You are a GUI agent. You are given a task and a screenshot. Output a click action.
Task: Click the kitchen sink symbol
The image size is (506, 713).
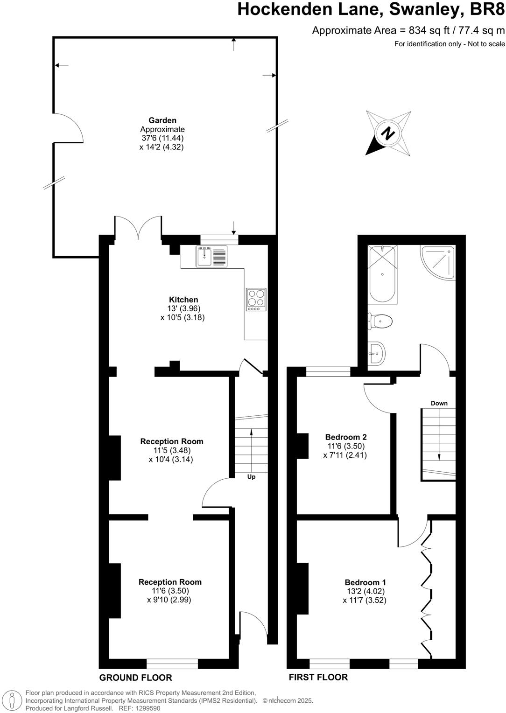click(x=211, y=256)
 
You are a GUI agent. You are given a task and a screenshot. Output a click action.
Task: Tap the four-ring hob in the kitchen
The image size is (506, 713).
click(x=256, y=299)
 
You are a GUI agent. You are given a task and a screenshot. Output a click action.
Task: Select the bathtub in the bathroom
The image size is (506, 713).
click(x=382, y=274)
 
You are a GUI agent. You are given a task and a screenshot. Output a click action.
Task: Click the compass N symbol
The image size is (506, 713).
click(x=388, y=133)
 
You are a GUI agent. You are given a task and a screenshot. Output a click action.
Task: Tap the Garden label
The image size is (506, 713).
click(x=162, y=120)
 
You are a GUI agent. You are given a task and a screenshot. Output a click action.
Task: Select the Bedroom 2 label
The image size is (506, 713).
click(x=345, y=437)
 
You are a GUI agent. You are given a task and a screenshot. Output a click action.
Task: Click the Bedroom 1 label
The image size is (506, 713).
click(x=365, y=582)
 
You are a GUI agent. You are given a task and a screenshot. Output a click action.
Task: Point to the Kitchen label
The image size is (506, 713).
click(x=183, y=300)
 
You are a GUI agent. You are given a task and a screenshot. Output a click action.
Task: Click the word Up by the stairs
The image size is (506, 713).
click(x=251, y=477)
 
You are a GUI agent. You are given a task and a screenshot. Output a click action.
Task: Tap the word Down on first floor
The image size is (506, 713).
click(x=439, y=403)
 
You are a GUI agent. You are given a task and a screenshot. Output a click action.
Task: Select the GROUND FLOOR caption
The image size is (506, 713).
click(x=135, y=678)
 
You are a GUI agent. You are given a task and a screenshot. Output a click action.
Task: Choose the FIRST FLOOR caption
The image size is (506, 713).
click(x=318, y=677)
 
